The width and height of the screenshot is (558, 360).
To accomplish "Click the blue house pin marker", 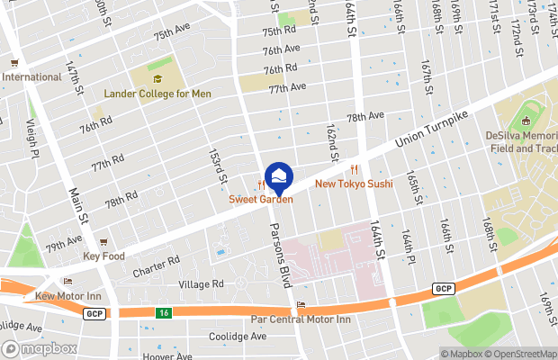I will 278,175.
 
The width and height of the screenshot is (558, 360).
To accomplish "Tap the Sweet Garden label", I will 260,199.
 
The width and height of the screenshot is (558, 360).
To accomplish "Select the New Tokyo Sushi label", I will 354,184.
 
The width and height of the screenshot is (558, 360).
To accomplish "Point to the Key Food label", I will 103,256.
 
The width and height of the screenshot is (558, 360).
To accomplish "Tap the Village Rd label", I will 200,284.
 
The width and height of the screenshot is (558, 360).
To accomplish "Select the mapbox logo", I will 38,348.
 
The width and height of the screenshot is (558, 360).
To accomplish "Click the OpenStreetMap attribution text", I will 521,354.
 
